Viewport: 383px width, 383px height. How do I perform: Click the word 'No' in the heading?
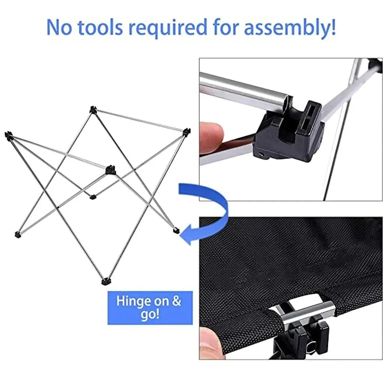(60, 27)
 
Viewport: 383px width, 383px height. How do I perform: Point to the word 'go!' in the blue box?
(150, 314)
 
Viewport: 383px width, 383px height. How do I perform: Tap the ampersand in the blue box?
(176, 301)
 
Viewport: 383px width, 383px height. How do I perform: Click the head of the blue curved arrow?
(187, 236)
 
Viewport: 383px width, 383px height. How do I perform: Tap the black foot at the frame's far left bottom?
(17, 235)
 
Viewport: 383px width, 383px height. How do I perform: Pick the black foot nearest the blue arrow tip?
(176, 230)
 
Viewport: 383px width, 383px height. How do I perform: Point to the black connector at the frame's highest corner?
(93, 109)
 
